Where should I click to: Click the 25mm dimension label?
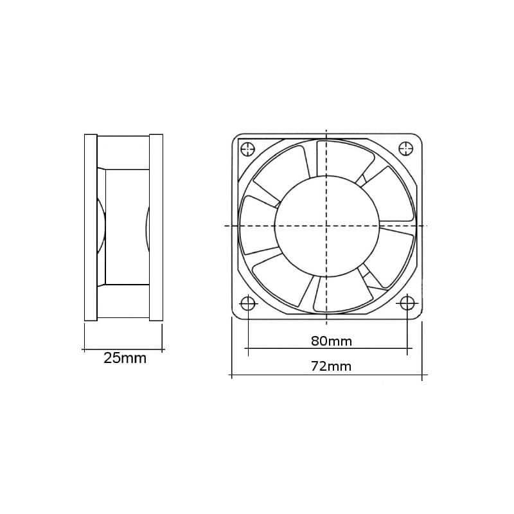[125, 359]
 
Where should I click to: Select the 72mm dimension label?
[327, 366]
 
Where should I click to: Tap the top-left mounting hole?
[247, 149]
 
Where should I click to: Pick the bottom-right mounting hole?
[406, 303]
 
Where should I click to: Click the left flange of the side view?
[91, 227]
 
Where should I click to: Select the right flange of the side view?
[156, 227]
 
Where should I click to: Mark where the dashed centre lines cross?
[326, 226]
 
